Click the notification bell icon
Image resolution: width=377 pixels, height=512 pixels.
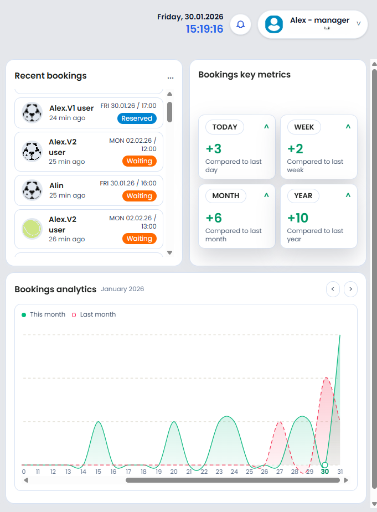coord(241,24)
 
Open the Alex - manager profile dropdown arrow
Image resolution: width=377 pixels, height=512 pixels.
coord(358,24)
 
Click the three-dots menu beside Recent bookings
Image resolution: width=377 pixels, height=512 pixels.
coord(171,78)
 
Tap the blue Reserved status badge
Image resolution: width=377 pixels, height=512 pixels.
coord(137,118)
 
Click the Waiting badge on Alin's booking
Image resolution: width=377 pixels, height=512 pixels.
coord(139,196)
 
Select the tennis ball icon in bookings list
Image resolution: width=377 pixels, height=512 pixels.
coord(32,229)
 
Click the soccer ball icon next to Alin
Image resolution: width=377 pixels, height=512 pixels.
coord(32,190)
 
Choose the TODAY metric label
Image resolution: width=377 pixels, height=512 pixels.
coord(225,127)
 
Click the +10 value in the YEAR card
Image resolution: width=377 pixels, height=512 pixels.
coord(298,218)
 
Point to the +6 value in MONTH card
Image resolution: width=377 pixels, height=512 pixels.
coord(214,218)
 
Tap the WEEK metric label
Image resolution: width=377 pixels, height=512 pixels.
coord(304,127)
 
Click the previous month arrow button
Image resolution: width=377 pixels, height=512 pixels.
coord(333,289)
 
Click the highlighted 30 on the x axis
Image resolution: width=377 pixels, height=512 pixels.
coord(324,472)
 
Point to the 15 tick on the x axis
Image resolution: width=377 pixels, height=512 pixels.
coord(98,472)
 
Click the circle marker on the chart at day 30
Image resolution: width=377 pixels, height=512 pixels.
coord(325,465)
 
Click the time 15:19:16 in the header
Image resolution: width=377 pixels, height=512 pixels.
coord(204,29)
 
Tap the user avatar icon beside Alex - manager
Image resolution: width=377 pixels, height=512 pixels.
coord(274,24)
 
